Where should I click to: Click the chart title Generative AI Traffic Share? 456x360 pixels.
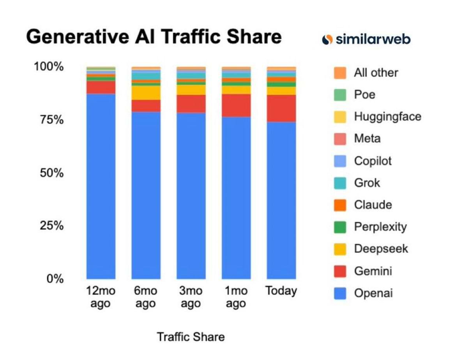154,37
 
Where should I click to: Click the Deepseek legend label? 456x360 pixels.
381,249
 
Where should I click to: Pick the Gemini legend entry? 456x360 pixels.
373,271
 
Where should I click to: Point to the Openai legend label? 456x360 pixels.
373,293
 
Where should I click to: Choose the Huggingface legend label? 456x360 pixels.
387,117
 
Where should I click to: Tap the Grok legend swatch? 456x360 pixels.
340,183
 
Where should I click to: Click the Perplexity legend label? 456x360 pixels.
380,227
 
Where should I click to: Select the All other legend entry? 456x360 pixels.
376,73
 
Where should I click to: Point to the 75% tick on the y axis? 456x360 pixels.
51,120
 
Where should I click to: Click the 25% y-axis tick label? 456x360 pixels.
51,226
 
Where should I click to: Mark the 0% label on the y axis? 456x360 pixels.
55,279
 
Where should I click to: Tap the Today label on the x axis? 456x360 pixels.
281,291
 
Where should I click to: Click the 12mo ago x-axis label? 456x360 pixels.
101,297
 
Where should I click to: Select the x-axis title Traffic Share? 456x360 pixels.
191,337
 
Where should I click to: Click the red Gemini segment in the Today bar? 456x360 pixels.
281,108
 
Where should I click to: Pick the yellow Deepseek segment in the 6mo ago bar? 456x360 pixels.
146,92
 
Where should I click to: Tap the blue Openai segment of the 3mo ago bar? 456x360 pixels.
191,195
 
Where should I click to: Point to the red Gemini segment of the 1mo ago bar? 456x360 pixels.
236,105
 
